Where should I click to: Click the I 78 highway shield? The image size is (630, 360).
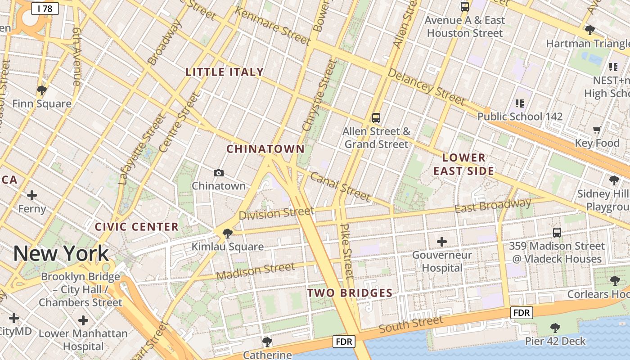(45, 8)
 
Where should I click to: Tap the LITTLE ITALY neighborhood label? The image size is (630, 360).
(225, 72)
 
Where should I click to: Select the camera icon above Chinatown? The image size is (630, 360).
(219, 173)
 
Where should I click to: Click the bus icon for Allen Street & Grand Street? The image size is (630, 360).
(376, 118)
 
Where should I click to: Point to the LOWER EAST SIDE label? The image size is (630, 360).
(464, 164)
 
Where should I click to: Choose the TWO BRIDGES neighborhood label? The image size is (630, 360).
(350, 293)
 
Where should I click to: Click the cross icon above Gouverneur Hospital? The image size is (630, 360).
(442, 242)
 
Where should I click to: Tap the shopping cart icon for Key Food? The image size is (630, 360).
(597, 130)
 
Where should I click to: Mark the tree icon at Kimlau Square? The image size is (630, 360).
(227, 233)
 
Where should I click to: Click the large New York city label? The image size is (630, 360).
(61, 254)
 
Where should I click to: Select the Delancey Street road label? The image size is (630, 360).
(425, 86)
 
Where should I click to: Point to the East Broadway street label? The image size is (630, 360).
(493, 206)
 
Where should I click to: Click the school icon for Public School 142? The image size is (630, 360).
(520, 103)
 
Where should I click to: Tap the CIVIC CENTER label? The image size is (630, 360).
(137, 227)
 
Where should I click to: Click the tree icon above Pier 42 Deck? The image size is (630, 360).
(555, 328)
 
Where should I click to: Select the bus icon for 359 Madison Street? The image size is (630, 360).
(557, 233)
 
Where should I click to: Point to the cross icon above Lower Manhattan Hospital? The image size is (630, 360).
(83, 320)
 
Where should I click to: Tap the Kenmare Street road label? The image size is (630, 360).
(273, 27)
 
